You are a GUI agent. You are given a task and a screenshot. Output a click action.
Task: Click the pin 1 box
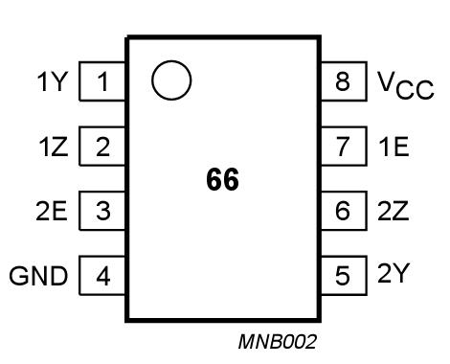103,81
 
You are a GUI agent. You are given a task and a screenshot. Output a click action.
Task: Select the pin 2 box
103,147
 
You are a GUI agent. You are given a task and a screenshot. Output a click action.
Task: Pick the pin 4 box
103,277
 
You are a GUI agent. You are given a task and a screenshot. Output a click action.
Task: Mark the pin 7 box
343,147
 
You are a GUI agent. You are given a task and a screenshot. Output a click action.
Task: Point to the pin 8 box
343,81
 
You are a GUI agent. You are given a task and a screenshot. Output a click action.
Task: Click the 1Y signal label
53,82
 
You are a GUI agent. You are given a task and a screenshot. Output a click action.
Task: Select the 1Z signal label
53,148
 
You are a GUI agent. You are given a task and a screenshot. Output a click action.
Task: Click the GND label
39,278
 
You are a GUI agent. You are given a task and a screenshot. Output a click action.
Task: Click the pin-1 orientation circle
171,80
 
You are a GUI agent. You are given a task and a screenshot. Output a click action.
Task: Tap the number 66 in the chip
222,179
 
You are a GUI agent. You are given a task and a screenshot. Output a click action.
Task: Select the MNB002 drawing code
278,341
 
